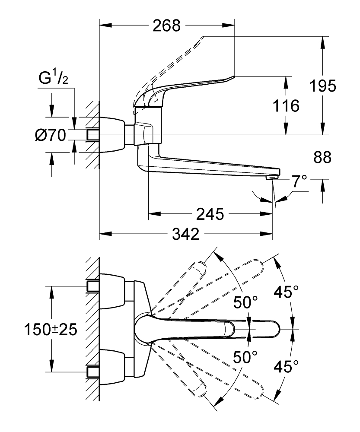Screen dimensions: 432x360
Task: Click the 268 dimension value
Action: (166, 26)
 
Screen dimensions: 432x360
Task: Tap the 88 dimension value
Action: (322, 157)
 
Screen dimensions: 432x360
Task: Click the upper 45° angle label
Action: (286, 293)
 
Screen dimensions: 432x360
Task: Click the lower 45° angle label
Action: (286, 367)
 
